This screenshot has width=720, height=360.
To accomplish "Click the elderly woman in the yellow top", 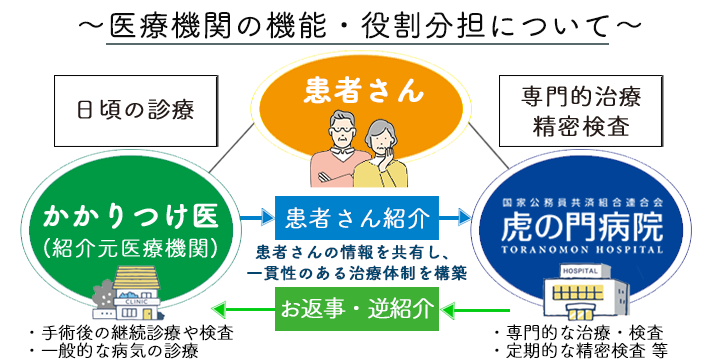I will (x=386, y=155).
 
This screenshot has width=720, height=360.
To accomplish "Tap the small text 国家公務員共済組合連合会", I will (x=582, y=203).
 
